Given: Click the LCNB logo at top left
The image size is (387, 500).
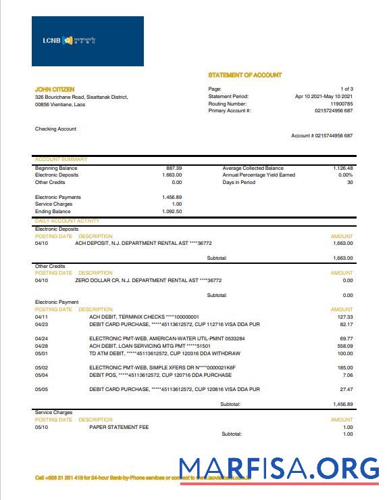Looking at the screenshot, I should coord(87,41).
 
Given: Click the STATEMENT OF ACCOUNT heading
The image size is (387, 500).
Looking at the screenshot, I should coord(245,75).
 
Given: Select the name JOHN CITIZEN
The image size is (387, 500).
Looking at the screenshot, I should coord(55,89).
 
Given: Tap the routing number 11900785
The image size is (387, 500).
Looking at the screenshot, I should coord(340,104).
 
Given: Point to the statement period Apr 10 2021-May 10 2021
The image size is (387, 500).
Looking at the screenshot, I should coord(324,97).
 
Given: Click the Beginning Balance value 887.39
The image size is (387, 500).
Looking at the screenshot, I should coord(174,168).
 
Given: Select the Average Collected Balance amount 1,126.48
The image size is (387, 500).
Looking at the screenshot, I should coord(342,168).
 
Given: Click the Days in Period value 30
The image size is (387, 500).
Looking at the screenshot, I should coord(350,183).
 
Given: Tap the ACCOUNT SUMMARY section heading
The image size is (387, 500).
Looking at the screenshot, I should coord(61,160).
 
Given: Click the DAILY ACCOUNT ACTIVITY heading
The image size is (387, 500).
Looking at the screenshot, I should coord(67,221).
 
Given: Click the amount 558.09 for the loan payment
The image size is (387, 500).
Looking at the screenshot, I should coord(346,346).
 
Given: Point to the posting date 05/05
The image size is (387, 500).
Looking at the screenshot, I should coord(41,389).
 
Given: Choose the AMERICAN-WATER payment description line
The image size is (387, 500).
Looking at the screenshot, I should coord(167,338).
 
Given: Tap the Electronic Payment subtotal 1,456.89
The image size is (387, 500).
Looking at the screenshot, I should coord(343,404).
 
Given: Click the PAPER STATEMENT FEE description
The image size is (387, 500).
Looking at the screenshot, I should coord(119,427).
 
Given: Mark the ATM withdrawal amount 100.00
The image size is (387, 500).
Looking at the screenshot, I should coord(345,353).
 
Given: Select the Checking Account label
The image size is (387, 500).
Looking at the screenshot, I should coord(55,129).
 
